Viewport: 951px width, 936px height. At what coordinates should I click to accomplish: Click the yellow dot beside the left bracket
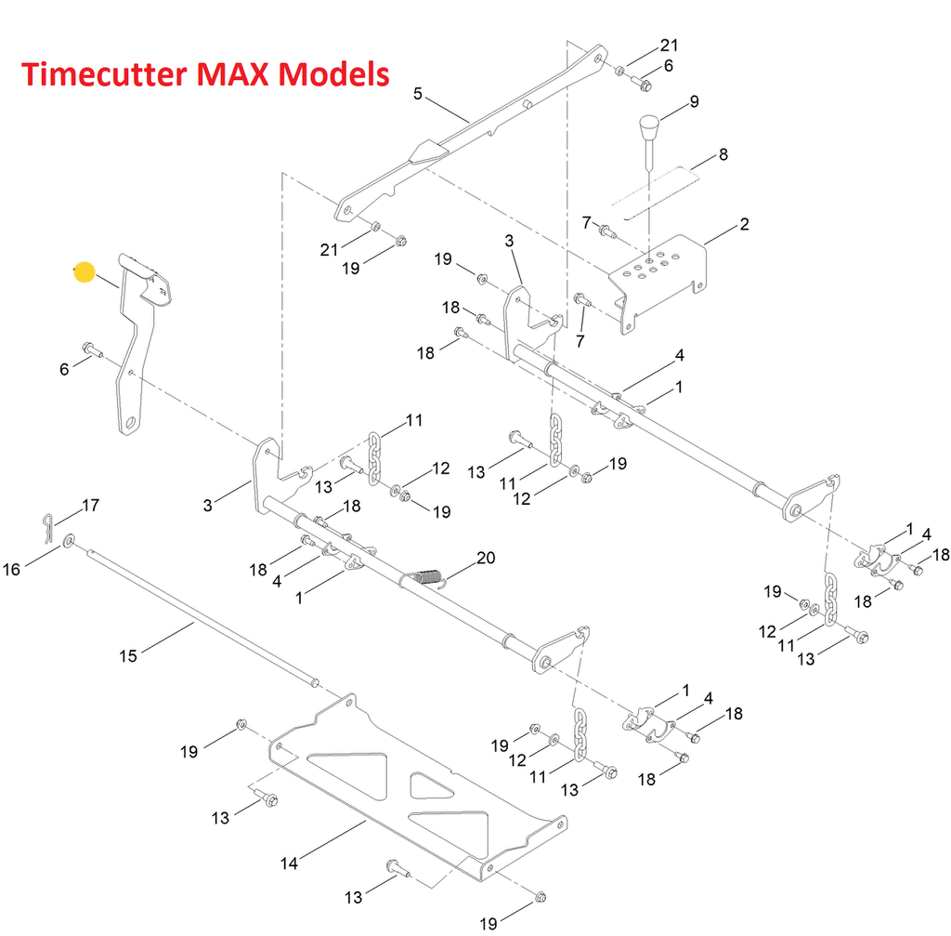click(x=85, y=272)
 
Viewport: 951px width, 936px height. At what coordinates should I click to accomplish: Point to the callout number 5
click(x=418, y=93)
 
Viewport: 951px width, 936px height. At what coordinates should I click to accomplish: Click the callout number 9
click(x=694, y=101)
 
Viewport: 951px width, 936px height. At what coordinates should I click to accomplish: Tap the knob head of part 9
click(x=646, y=124)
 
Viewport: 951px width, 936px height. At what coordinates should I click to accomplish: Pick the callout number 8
click(x=723, y=155)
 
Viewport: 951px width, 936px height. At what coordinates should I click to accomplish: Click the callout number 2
click(x=744, y=224)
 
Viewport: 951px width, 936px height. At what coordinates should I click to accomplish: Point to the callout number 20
click(x=485, y=558)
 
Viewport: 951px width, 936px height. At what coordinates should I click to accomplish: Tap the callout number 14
click(x=289, y=863)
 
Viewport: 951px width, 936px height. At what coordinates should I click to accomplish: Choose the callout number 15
click(x=128, y=656)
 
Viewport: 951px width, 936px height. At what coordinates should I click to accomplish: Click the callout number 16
click(x=12, y=569)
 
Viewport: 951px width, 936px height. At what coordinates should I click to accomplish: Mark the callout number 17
click(x=90, y=506)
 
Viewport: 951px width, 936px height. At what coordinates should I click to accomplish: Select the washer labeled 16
click(x=70, y=540)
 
